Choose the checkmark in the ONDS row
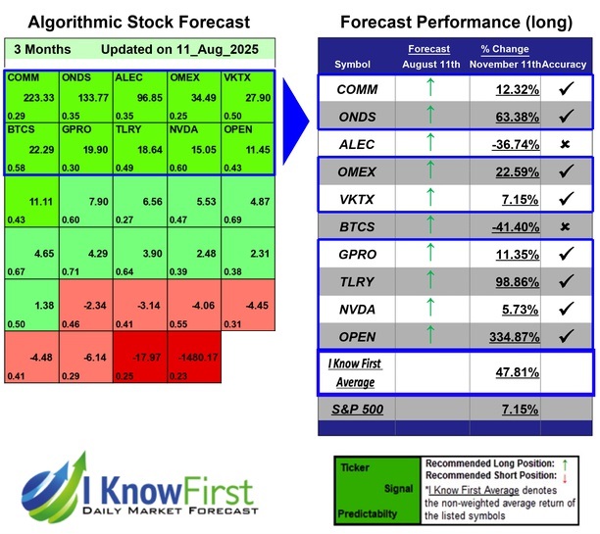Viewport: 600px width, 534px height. pos(567,117)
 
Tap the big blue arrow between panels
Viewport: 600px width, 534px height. pos(294,91)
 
